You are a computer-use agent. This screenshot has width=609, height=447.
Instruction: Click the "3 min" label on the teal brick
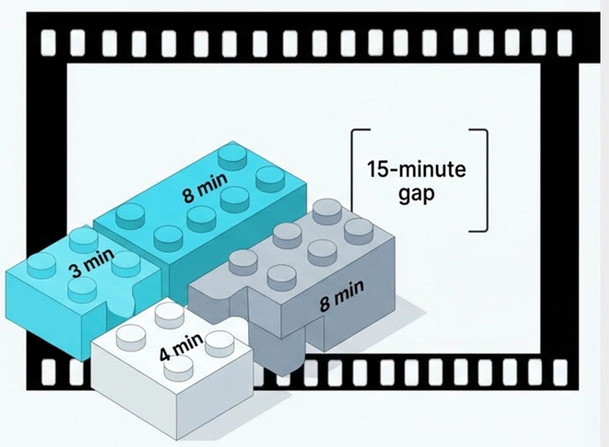point(91,263)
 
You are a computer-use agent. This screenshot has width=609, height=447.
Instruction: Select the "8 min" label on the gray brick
point(342,295)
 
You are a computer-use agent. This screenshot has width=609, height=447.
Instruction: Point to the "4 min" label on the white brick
point(181,347)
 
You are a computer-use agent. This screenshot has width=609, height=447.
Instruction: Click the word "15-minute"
point(416,169)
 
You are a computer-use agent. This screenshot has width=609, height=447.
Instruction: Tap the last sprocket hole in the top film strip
point(564,40)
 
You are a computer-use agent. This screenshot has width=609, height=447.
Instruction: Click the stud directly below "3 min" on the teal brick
point(82,289)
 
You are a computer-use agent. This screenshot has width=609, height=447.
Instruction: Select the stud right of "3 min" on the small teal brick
point(125,264)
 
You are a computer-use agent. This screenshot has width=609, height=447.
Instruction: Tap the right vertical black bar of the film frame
point(559,210)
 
